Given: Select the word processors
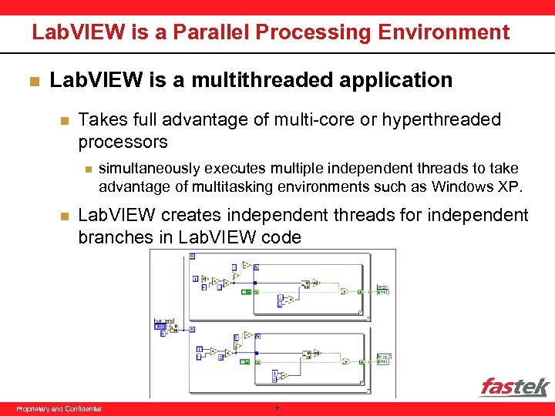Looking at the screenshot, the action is [x=123, y=142].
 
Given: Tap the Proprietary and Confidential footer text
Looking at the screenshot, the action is [x=59, y=408].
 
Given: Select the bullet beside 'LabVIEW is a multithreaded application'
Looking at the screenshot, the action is [x=32, y=80].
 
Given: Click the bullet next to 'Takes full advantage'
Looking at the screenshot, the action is [x=65, y=120].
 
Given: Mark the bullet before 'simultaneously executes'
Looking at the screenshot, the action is [x=89, y=169].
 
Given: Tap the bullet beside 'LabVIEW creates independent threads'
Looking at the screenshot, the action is [x=65, y=216].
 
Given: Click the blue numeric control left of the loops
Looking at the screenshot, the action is [x=160, y=327].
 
